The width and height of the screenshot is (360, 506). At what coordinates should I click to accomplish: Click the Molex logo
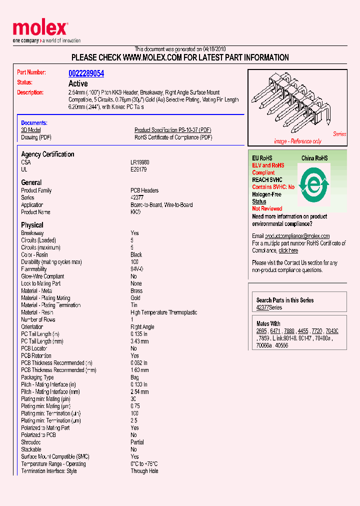[x=39, y=28]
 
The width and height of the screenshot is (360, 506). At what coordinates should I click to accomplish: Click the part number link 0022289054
[x=86, y=73]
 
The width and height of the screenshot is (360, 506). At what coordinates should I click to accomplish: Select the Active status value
[x=78, y=83]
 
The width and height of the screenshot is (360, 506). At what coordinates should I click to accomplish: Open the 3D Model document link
[x=30, y=130]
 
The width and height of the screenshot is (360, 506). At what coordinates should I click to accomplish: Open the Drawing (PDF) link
[x=36, y=137]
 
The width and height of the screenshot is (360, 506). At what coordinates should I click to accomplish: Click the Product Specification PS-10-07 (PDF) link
[x=173, y=130]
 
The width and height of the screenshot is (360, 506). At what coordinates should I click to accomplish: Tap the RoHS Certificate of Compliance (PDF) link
[x=173, y=137]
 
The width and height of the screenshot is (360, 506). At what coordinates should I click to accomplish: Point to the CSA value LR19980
[x=140, y=162]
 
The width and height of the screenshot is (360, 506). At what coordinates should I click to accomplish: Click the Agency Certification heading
[x=47, y=154]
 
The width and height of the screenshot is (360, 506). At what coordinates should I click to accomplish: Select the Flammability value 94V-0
[x=137, y=269]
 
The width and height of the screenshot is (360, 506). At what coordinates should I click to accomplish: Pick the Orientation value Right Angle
[x=142, y=327]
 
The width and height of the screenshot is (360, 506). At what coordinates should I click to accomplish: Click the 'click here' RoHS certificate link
[x=288, y=250]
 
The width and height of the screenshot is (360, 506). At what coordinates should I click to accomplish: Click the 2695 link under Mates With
[x=261, y=331]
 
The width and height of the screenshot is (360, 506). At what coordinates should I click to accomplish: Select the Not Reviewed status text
[x=267, y=208]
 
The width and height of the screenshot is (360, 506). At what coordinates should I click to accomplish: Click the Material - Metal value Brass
[x=136, y=290]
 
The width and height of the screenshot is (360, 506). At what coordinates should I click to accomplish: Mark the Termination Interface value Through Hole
[x=144, y=471]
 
